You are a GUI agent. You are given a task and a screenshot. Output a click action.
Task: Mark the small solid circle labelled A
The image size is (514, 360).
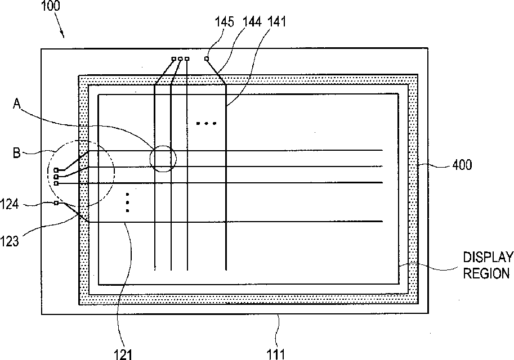pos(163,158)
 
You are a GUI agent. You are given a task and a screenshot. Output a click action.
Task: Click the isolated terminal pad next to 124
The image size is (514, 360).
pos(56,202)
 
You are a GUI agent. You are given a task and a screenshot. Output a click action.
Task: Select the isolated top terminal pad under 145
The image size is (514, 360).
pos(207,58)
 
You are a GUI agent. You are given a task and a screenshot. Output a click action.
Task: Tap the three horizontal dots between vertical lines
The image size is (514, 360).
pos(206,123)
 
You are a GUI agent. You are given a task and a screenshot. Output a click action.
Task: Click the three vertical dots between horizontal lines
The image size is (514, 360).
pos(128,202)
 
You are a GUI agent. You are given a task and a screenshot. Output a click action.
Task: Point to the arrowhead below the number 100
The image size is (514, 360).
pos(64,36)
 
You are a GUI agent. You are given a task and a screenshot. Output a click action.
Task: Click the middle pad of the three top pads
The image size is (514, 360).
pos(180,58)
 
